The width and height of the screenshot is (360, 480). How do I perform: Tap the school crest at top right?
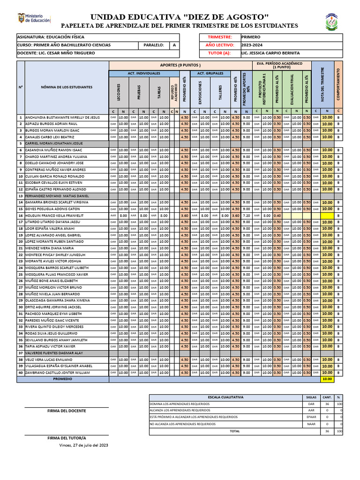pyautogui.click(x=334, y=22)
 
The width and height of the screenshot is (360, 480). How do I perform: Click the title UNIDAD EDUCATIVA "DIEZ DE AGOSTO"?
pyautogui.click(x=180, y=17)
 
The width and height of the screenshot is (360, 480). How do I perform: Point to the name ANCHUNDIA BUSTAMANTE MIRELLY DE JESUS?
pyautogui.click(x=62, y=117)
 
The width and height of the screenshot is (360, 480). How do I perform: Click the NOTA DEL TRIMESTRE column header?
pyautogui.click(x=322, y=84)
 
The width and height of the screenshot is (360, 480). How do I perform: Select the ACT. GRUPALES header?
pyautogui.click(x=210, y=74)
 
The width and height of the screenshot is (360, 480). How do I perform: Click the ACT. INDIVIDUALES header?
pyautogui.click(x=144, y=74)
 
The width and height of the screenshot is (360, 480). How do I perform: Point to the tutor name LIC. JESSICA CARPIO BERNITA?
pyautogui.click(x=270, y=53)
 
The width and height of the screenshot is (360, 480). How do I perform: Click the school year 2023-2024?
pyautogui.click(x=252, y=45)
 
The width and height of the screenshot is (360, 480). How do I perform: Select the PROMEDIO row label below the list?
pyautogui.click(x=62, y=378)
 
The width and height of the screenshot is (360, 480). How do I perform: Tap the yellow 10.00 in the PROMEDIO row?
pyautogui.click(x=327, y=379)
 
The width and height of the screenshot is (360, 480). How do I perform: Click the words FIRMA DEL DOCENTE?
pyautogui.click(x=67, y=411)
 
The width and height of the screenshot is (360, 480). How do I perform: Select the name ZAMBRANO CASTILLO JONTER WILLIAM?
pyautogui.click(x=58, y=372)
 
